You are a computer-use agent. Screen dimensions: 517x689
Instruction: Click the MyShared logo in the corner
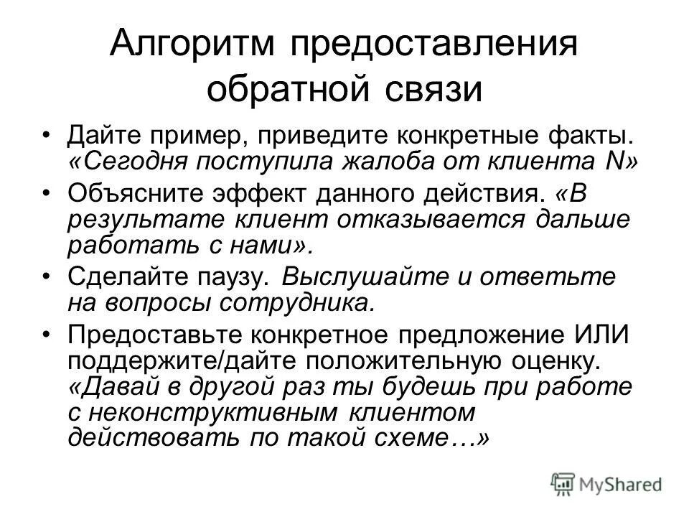point(606,482)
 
